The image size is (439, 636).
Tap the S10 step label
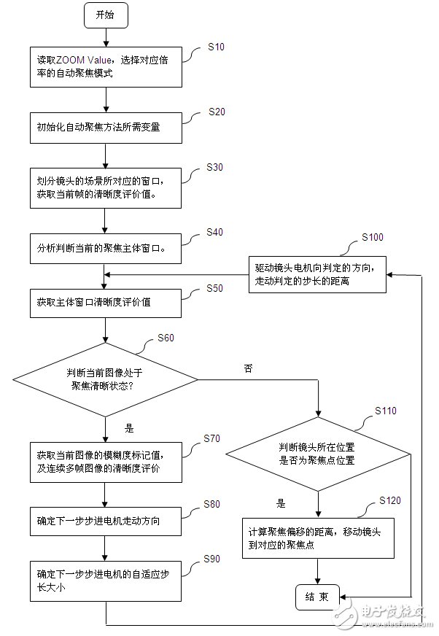216,47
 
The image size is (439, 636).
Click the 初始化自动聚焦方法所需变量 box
106,127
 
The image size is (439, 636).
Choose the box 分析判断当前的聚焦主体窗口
106,248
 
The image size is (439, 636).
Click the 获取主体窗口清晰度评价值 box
106,300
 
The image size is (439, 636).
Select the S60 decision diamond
106,379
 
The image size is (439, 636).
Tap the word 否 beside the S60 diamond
248,369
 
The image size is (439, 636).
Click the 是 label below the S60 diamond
131,429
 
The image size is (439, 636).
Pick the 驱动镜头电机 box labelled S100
316,275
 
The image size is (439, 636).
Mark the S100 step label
372,238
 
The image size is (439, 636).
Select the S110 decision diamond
318,454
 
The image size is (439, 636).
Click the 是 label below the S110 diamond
281,503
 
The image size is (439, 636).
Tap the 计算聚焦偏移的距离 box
318,538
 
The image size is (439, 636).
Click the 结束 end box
316,597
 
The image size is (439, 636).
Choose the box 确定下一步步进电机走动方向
106,521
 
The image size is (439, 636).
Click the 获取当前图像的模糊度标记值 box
106,462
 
